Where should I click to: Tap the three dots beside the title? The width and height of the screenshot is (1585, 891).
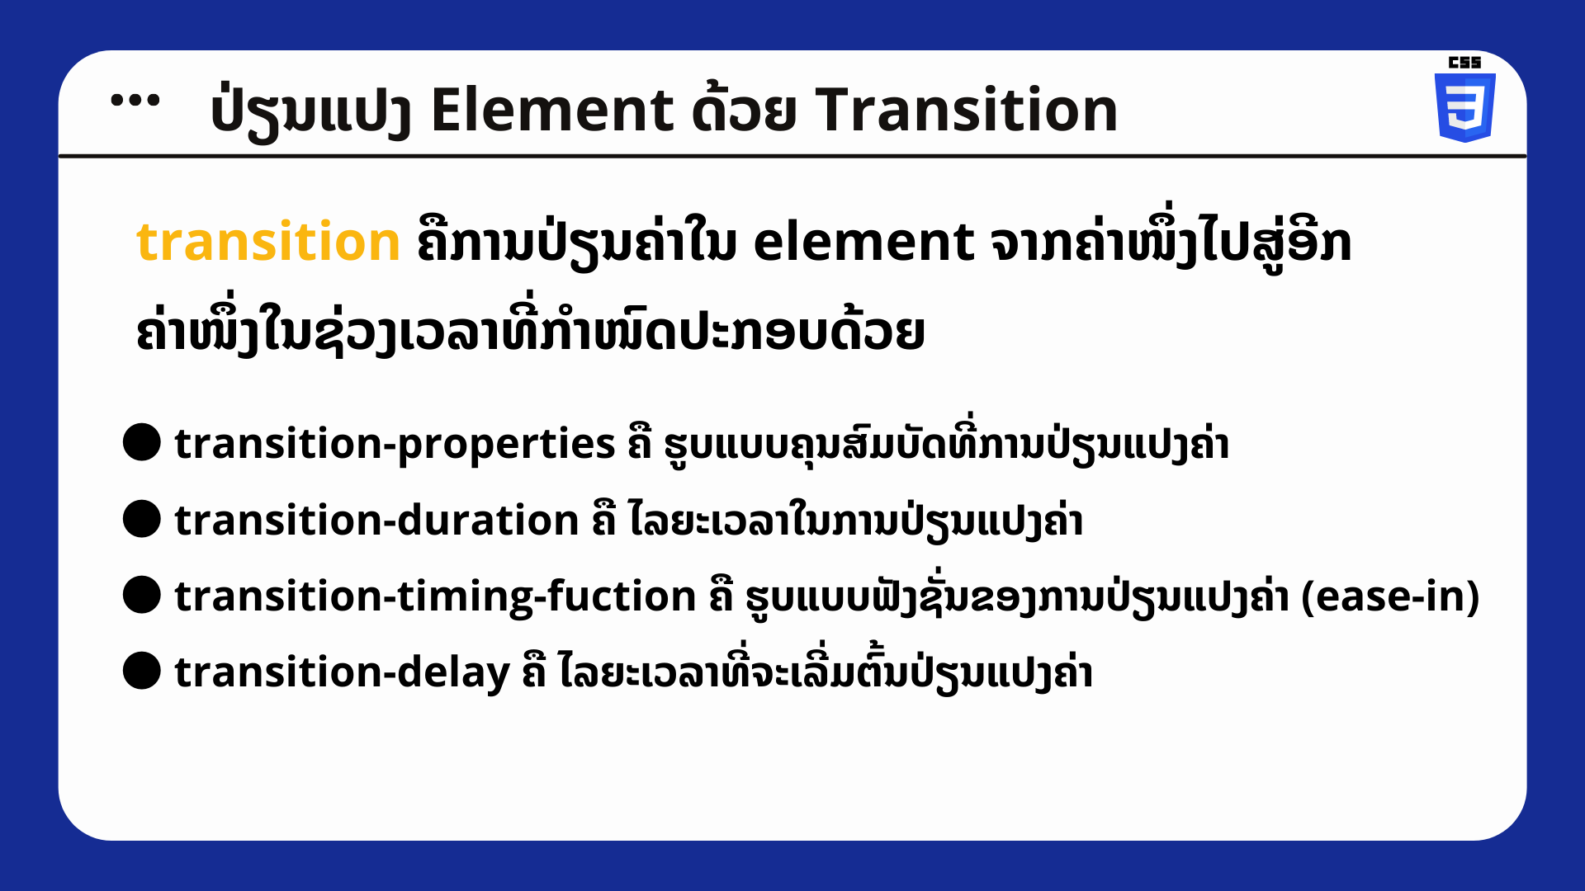[135, 100]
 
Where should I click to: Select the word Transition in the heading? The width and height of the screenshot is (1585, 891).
[967, 110]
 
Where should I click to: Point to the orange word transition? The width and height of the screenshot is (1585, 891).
[268, 243]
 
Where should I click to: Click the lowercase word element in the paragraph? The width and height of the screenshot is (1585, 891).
[863, 243]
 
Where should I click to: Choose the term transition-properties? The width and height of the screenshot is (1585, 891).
[395, 445]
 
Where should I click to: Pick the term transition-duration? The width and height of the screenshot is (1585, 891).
[376, 521]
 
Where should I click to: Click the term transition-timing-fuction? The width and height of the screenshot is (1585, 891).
[435, 596]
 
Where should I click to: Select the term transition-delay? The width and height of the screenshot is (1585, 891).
[342, 672]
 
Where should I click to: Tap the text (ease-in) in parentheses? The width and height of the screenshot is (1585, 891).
[1390, 596]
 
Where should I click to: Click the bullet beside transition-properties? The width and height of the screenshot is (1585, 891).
[142, 443]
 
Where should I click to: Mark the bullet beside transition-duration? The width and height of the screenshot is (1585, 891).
[142, 519]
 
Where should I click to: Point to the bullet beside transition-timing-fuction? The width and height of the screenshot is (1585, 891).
[142, 595]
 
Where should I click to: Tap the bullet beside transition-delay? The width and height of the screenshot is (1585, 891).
[142, 671]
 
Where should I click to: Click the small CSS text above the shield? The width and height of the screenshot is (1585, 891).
[1464, 62]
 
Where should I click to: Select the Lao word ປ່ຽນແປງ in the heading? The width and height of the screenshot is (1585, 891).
[311, 111]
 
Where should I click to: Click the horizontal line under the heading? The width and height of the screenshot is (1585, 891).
[792, 155]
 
